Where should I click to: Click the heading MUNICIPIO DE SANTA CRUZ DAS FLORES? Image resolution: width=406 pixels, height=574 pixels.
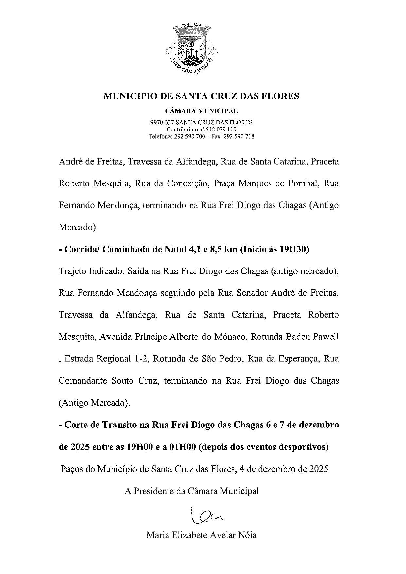pyautogui.click(x=201, y=96)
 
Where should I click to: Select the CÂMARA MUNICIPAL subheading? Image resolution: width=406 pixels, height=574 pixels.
pyautogui.click(x=201, y=112)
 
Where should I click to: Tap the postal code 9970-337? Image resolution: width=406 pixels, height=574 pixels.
pyautogui.click(x=162, y=123)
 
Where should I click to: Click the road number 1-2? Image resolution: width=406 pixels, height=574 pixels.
pyautogui.click(x=141, y=359)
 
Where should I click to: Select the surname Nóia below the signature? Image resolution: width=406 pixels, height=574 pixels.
pyautogui.click(x=247, y=535)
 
